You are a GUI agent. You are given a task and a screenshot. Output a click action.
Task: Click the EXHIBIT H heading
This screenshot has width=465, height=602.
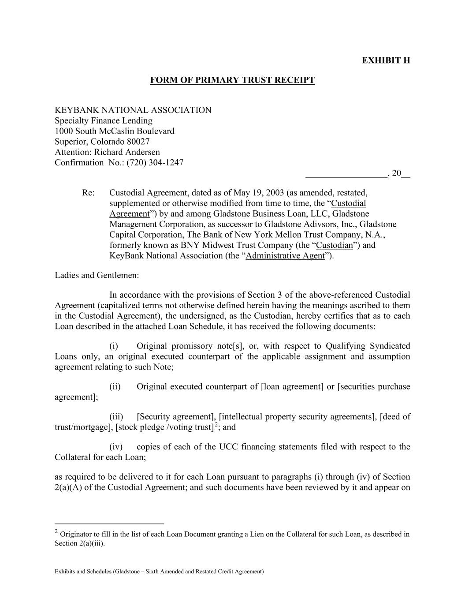point(386,60)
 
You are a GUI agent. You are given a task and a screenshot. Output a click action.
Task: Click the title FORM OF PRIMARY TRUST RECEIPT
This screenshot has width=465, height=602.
point(232,80)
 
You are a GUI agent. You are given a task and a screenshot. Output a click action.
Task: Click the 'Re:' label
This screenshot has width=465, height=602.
point(89,193)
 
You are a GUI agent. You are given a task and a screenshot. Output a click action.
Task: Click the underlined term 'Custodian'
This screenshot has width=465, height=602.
point(335,245)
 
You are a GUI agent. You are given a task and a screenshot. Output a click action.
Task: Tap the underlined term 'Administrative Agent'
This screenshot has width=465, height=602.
point(285,256)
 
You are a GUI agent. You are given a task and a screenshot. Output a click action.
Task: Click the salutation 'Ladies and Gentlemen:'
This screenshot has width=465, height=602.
point(97,275)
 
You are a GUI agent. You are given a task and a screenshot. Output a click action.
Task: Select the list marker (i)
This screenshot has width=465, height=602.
point(114,346)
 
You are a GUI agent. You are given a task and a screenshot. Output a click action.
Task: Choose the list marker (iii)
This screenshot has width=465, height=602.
point(116,417)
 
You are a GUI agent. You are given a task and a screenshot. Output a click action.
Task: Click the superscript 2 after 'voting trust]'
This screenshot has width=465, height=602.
point(216,425)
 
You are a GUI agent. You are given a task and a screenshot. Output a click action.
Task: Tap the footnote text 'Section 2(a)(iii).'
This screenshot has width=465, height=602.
point(80,543)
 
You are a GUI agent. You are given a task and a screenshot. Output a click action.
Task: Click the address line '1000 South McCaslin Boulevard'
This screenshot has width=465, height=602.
point(115,131)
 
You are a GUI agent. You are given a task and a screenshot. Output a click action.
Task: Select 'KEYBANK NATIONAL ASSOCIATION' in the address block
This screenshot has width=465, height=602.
point(133,110)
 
